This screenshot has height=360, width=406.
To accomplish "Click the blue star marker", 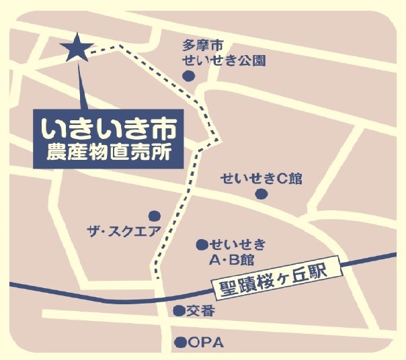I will pos(76,48).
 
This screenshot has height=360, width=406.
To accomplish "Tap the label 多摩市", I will pos(202,45).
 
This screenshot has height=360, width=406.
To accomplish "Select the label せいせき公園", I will pos(224,60).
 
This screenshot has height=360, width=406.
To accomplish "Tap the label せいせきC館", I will pos(261,178).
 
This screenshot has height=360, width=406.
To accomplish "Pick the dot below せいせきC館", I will pos(261,194).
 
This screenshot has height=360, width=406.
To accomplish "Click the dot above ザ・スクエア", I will pos(155,216).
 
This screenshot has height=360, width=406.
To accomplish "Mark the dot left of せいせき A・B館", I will pos(201,244).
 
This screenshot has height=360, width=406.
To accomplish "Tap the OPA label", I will pos(205,343).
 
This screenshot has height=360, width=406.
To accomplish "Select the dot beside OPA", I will pos(179,343).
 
